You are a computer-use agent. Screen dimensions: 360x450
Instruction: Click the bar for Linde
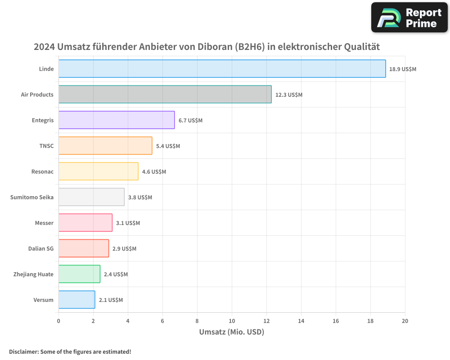tap(222, 69)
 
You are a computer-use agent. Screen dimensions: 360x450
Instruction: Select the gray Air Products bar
tap(165, 94)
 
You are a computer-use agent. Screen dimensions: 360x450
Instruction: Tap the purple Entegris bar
tap(116, 120)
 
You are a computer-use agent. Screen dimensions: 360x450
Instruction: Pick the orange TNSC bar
tap(105, 146)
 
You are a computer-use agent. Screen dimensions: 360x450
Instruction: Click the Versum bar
tap(76, 300)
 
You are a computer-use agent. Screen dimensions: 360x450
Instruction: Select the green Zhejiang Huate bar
tap(79, 274)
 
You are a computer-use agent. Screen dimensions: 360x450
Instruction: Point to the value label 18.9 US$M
tap(403, 69)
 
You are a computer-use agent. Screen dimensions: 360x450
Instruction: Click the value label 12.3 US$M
tap(288, 95)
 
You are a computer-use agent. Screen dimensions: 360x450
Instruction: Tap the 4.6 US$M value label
tap(154, 172)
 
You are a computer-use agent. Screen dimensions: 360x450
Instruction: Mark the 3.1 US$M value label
tap(128, 223)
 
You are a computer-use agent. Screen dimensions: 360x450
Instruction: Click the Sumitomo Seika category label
tap(31, 197)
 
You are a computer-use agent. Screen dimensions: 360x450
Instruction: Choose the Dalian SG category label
tap(40, 248)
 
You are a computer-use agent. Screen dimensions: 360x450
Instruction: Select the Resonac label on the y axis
tap(42, 171)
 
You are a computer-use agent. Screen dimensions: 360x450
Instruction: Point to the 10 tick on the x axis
tap(232, 321)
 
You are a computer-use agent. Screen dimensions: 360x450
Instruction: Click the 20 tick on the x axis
tap(405, 321)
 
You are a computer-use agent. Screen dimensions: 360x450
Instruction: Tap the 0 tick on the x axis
tap(58, 321)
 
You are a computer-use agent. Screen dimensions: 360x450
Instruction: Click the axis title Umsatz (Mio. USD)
tap(231, 332)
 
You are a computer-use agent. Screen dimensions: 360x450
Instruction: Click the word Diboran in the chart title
tap(214, 47)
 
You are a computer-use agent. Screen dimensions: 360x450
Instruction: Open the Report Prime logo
tap(409, 18)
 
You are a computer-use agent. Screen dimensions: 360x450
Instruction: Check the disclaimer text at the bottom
tap(70, 351)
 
